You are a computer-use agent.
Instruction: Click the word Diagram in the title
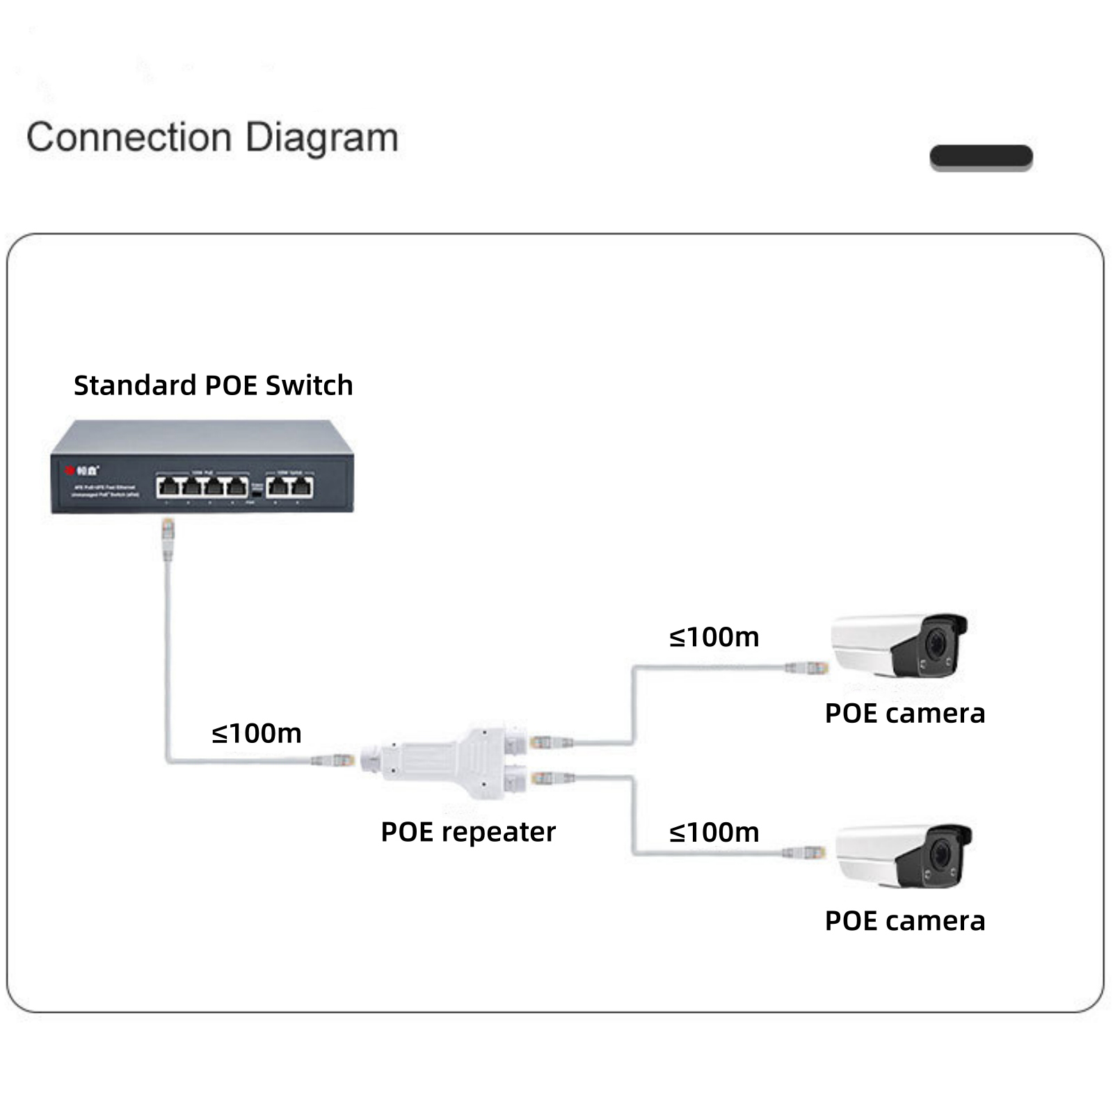pos(321,137)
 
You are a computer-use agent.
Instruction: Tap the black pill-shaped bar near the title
pos(981,157)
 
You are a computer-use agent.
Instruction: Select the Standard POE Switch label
pos(213,385)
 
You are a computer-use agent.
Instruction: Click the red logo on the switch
pos(70,470)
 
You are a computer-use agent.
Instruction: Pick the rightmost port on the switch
pos(301,486)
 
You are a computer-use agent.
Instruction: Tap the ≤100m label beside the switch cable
pos(257,733)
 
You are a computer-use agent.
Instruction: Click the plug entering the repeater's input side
pos(335,760)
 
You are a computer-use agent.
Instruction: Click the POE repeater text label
pos(468,832)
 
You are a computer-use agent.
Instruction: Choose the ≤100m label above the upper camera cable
pos(714,637)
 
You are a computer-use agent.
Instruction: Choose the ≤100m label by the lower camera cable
pos(714,833)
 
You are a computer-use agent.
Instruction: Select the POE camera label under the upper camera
pos(904,714)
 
